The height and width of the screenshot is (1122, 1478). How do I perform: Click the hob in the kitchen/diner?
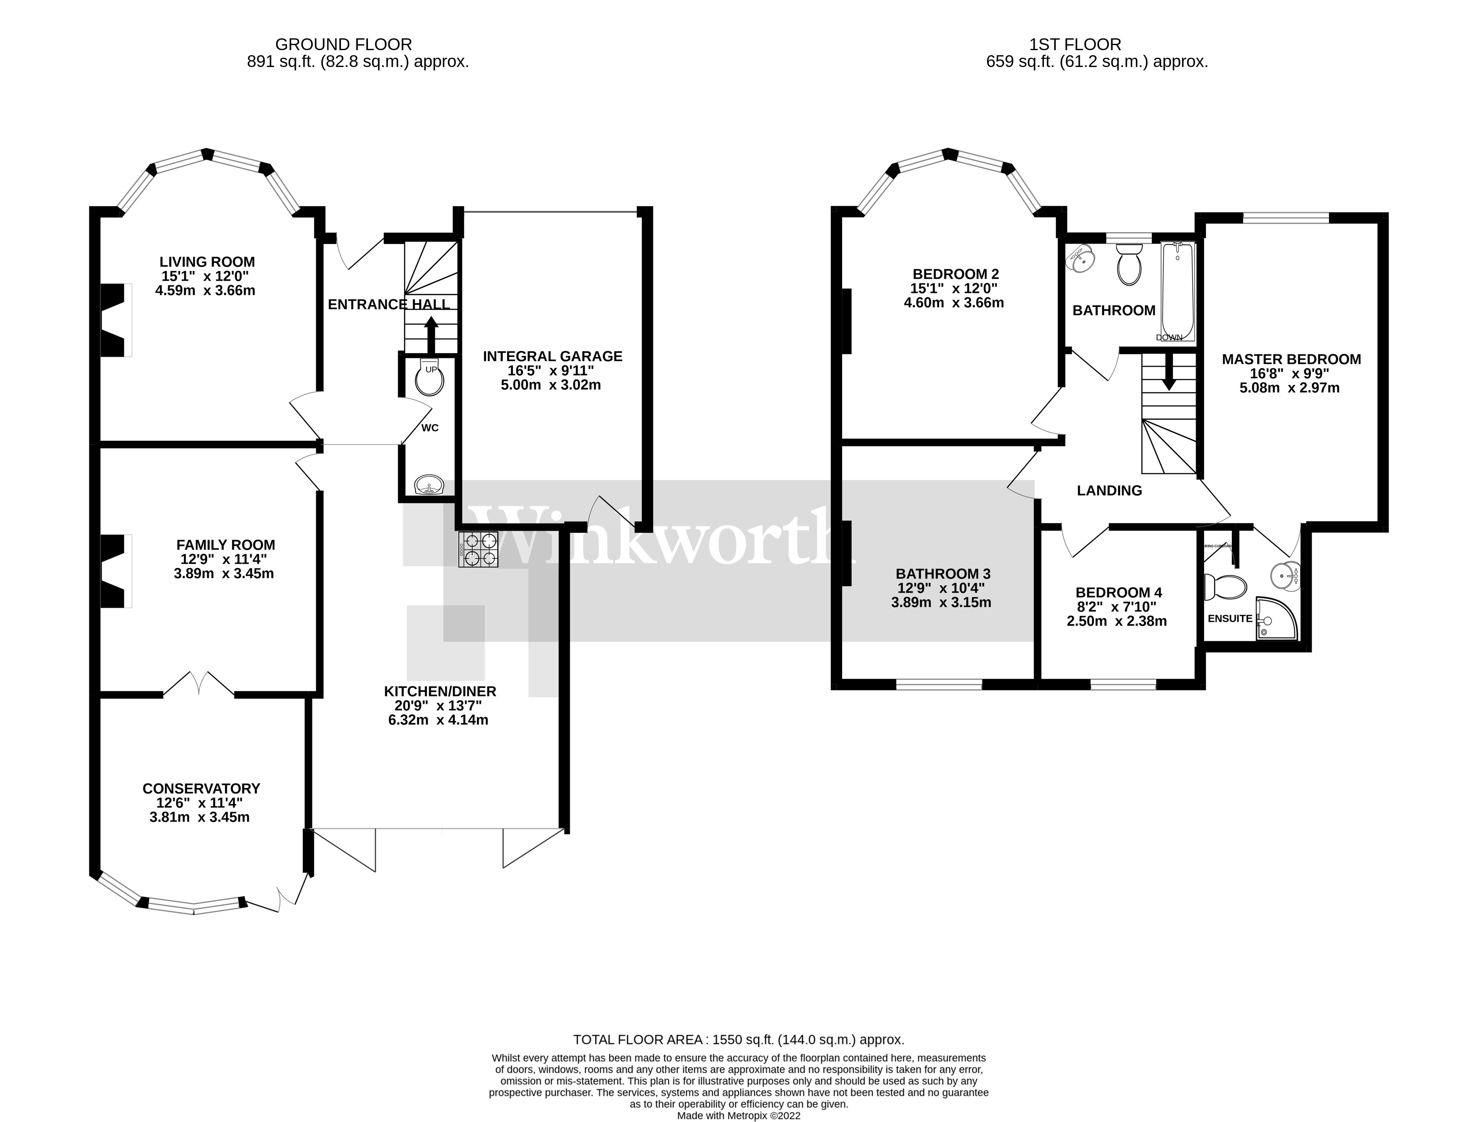tap(478, 549)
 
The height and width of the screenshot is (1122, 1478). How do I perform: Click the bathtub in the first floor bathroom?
tap(1178, 291)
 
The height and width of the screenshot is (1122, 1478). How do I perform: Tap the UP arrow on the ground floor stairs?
tap(431, 335)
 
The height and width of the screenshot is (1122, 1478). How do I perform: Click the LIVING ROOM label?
tap(207, 262)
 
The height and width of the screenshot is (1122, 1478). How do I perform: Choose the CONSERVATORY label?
tap(201, 789)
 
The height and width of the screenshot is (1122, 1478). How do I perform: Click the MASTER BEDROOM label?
tap(1291, 360)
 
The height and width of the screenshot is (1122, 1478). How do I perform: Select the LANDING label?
tap(1109, 491)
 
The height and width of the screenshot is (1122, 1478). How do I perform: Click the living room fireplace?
tap(114, 320)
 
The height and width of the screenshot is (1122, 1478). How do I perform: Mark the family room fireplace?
tap(114, 572)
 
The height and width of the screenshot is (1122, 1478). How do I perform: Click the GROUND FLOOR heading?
tap(343, 45)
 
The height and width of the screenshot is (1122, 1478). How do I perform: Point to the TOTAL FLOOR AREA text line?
tap(738, 1040)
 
